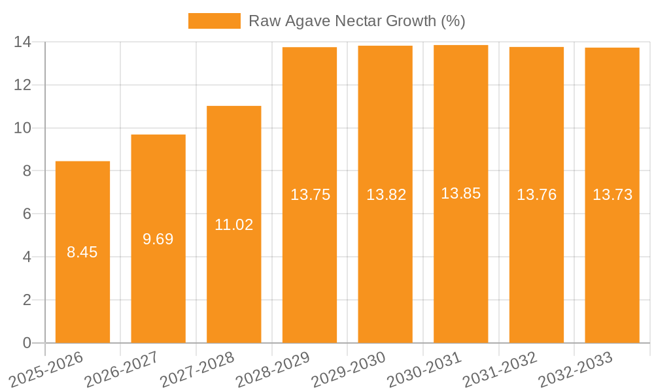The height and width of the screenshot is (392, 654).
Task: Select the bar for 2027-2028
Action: pyautogui.click(x=233, y=274)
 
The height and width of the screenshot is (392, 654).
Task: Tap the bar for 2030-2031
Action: pyautogui.click(x=460, y=261)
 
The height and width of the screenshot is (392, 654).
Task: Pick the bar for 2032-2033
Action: pyautogui.click(x=612, y=261)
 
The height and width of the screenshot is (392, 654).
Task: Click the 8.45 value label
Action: pyautogui.click(x=82, y=252)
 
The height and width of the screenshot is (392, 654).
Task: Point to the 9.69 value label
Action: pyautogui.click(x=158, y=239)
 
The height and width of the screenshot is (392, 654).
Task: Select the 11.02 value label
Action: pyautogui.click(x=233, y=225)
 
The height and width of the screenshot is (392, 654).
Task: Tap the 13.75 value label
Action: pyautogui.click(x=310, y=195)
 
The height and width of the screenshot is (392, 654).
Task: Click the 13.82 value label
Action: pyautogui.click(x=386, y=195)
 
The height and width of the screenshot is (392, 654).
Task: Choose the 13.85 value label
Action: pyautogui.click(x=460, y=193)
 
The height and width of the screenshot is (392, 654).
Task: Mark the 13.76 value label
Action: pyautogui.click(x=536, y=195)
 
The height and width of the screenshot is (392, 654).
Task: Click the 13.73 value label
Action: pyautogui.click(x=612, y=195)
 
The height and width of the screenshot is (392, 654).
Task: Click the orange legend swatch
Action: pyautogui.click(x=215, y=21)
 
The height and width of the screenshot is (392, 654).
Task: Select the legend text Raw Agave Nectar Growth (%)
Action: pyautogui.click(x=356, y=21)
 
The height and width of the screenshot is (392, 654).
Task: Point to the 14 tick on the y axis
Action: pyautogui.click(x=23, y=42)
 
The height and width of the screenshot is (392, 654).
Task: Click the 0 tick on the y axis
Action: pyautogui.click(x=27, y=343)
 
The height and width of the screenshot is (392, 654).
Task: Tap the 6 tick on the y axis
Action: pyautogui.click(x=27, y=214)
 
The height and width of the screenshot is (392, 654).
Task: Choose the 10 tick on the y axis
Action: pyautogui.click(x=23, y=128)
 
